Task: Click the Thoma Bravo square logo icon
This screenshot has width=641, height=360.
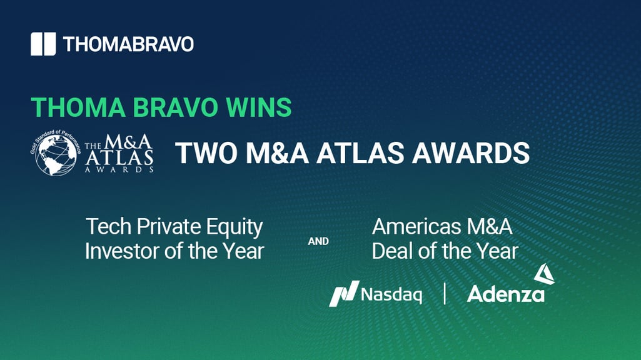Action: click(43, 44)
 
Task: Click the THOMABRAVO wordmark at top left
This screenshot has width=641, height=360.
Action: click(128, 44)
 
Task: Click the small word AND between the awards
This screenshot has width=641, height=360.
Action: click(318, 241)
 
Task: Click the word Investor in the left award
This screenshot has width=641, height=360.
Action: click(121, 251)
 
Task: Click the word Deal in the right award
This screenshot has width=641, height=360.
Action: click(391, 251)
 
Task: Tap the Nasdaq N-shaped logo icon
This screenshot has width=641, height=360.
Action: click(344, 293)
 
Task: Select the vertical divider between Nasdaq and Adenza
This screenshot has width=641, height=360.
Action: click(445, 294)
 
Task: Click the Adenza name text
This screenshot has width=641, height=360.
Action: click(505, 294)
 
